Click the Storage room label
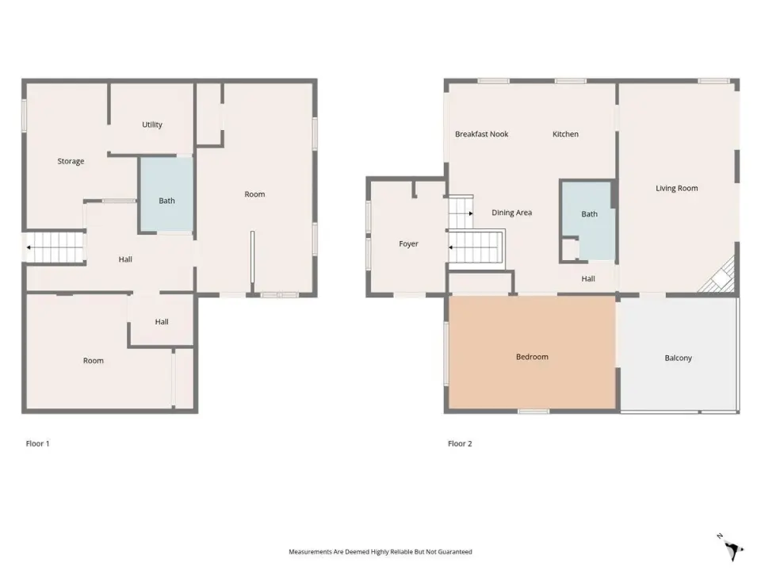pyautogui.click(x=71, y=161)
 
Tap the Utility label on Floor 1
pyautogui.click(x=152, y=125)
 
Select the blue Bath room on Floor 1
pyautogui.click(x=166, y=194)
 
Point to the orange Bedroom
pyautogui.click(x=533, y=352)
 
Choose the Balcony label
pyautogui.click(x=678, y=358)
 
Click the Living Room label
pyautogui.click(x=676, y=189)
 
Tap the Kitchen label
pyautogui.click(x=565, y=134)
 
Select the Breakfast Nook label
pyautogui.click(x=481, y=134)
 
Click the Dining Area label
pyautogui.click(x=511, y=213)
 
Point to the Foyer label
pyautogui.click(x=408, y=244)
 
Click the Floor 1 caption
pyautogui.click(x=37, y=443)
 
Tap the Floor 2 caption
pyautogui.click(x=460, y=443)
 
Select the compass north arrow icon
pyautogui.click(x=731, y=548)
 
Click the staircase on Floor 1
pyautogui.click(x=55, y=247)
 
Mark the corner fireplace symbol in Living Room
pyautogui.click(x=720, y=278)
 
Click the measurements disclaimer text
pyautogui.click(x=380, y=552)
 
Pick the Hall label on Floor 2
pyautogui.click(x=588, y=278)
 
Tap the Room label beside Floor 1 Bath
pyautogui.click(x=254, y=194)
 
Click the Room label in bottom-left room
pyautogui.click(x=94, y=361)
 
